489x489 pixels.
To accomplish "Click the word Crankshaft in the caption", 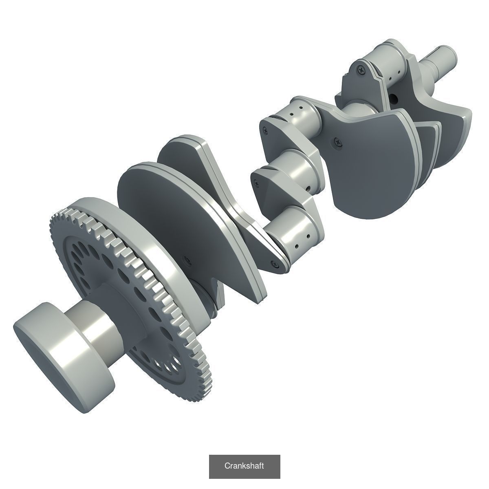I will pyautogui.click(x=244, y=466).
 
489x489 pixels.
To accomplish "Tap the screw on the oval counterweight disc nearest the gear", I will pyautogui.click(x=187, y=259).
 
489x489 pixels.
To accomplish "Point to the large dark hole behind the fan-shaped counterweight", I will pyautogui.click(x=394, y=98).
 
